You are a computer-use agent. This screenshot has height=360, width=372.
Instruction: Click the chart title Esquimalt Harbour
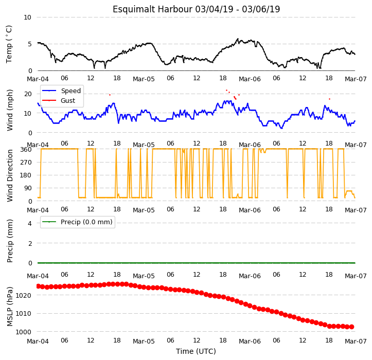pyautogui.click(x=152, y=9)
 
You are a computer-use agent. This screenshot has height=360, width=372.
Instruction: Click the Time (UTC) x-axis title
pyautogui.click(x=196, y=351)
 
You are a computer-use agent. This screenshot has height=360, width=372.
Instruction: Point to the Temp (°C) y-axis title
pyautogui.click(x=9, y=44)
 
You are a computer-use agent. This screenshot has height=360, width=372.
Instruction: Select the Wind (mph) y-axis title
pyautogui.click(x=9, y=110)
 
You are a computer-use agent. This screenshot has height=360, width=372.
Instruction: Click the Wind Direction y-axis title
pyautogui.click(x=9, y=175)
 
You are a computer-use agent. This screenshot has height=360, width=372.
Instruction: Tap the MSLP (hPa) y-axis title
pyautogui.click(x=9, y=307)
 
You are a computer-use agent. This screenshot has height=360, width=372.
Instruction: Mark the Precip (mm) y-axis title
pyautogui.click(x=9, y=241)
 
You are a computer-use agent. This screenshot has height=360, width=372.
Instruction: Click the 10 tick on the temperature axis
pyautogui.click(x=27, y=17)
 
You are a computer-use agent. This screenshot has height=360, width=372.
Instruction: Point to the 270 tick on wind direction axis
pyautogui.click(x=26, y=163)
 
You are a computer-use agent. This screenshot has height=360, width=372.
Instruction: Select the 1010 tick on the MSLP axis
pyautogui.click(x=24, y=314)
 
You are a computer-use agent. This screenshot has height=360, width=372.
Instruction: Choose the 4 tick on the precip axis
pyautogui.click(x=30, y=223)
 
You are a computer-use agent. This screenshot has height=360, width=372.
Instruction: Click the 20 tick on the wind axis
pyautogui.click(x=28, y=94)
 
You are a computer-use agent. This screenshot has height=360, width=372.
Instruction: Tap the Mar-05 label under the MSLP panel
pyautogui.click(x=144, y=341)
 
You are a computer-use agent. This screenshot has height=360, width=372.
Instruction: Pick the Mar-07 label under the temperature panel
pyautogui.click(x=356, y=79)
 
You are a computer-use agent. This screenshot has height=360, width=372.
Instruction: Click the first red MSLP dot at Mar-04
pyautogui.click(x=38, y=286)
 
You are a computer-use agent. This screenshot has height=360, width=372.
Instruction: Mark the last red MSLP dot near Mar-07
pyautogui.click(x=352, y=327)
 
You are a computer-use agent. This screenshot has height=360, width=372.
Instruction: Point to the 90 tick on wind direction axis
pyautogui.click(x=28, y=188)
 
